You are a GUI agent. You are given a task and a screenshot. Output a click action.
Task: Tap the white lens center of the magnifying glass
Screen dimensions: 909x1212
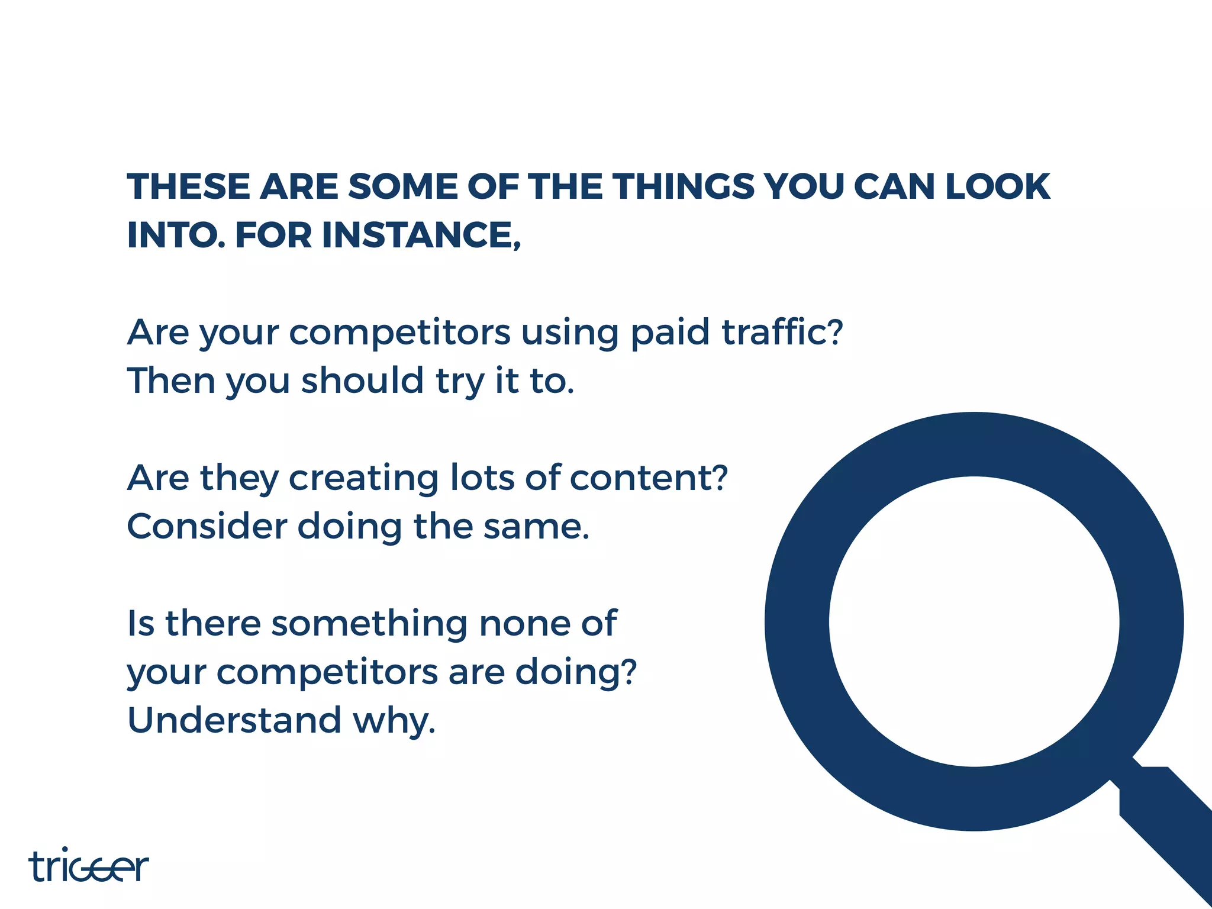click(974, 621)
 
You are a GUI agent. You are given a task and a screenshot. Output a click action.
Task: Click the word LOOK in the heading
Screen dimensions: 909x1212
click(997, 187)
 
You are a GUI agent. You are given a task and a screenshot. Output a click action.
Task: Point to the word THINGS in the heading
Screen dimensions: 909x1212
click(684, 187)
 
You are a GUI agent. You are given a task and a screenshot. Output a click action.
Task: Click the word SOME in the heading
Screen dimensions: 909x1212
click(403, 187)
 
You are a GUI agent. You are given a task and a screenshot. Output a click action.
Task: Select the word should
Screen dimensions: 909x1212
click(362, 381)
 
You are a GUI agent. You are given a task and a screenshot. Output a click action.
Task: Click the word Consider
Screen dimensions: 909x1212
click(207, 526)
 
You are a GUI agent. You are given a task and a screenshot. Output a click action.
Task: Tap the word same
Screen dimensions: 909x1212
click(536, 527)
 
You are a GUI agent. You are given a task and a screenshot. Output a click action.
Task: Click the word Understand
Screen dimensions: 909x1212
click(234, 720)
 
